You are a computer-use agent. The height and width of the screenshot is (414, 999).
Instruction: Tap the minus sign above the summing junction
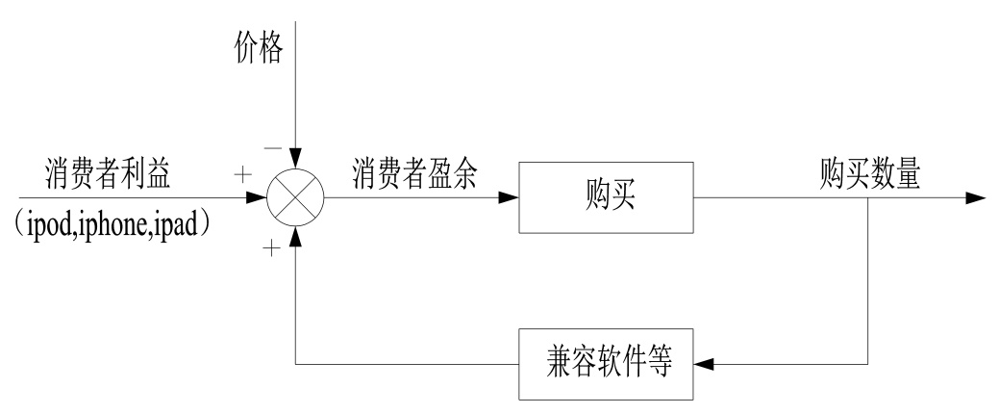tap(274, 149)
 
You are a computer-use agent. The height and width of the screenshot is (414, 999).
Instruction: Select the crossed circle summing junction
tap(297, 199)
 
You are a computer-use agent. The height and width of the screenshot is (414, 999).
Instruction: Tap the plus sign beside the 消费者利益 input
tap(246, 177)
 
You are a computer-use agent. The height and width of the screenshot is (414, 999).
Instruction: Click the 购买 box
tap(606, 198)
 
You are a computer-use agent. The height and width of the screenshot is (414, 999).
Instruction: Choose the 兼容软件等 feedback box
tap(606, 365)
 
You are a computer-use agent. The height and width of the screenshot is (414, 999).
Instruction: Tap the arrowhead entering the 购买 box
tap(510, 199)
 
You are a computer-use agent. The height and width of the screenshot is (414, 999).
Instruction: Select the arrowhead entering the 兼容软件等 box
tap(705, 365)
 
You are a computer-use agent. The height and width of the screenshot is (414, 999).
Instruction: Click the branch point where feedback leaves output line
tap(868, 199)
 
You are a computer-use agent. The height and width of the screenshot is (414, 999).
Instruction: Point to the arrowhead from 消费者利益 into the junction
tap(258, 199)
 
